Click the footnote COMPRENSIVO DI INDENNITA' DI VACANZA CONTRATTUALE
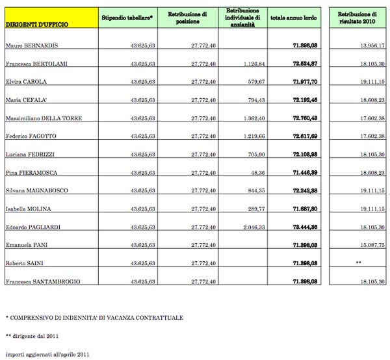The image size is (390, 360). (x=94, y=317)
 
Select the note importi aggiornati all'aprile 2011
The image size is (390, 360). (x=46, y=354)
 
